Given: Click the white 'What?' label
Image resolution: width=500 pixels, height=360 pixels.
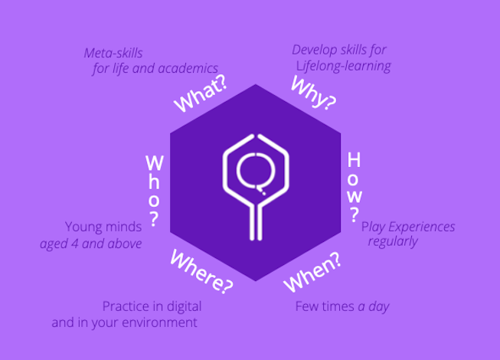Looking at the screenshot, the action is click(x=201, y=93).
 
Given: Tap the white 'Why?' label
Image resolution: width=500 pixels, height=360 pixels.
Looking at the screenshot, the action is click(x=313, y=93).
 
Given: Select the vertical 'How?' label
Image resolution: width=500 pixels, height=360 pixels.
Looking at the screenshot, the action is click(x=354, y=187).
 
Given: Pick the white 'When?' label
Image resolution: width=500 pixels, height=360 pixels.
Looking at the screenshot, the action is click(x=312, y=272).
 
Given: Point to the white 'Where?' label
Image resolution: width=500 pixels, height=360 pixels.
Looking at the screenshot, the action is click(x=201, y=271).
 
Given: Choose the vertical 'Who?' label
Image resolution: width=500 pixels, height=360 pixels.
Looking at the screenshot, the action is click(x=155, y=191).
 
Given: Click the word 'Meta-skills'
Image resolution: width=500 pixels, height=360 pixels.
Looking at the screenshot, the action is click(x=113, y=53).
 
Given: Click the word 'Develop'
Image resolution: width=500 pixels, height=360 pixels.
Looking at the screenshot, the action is click(x=314, y=51).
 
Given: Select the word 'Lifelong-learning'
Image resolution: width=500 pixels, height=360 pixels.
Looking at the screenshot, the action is click(x=344, y=66).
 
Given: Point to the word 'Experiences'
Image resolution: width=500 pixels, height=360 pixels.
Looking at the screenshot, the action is click(x=422, y=227).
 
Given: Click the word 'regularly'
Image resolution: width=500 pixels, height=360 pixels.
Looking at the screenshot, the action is click(x=393, y=241).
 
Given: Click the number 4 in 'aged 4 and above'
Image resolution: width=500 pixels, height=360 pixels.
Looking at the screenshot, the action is click(x=74, y=244).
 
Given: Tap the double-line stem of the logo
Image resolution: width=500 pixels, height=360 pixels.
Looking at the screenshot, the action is click(x=256, y=222).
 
